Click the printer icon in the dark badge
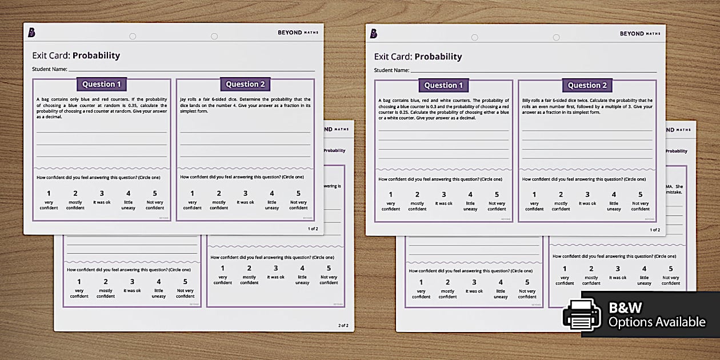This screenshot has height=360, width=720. (582, 314)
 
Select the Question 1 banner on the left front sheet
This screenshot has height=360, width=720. (102, 84)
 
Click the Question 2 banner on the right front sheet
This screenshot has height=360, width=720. (587, 85)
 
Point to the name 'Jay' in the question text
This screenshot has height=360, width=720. (183, 99)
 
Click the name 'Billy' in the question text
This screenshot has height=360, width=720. (527, 101)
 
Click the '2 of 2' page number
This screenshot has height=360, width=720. (343, 325)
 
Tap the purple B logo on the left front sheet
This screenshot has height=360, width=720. (31, 33)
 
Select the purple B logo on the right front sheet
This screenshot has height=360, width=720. (373, 34)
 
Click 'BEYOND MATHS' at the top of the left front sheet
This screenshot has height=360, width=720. (298, 33)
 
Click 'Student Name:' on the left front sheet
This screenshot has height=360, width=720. (50, 69)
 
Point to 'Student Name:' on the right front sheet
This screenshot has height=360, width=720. (391, 70)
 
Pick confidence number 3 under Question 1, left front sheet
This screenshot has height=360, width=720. (102, 193)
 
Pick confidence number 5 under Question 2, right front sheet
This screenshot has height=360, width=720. (641, 194)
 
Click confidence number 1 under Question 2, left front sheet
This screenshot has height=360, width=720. (192, 193)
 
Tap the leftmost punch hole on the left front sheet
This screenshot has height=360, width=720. (133, 36)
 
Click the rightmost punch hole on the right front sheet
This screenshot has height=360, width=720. (556, 37)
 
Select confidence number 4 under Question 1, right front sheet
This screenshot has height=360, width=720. (470, 194)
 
